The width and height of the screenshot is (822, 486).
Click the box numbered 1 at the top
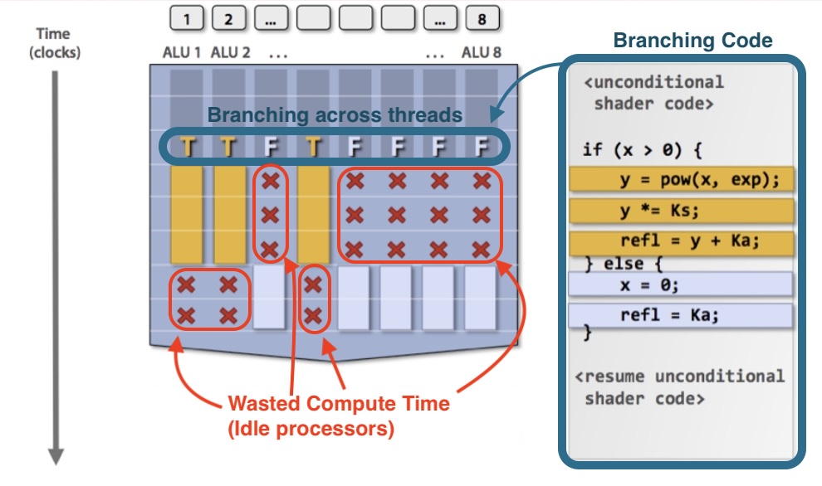[187, 17]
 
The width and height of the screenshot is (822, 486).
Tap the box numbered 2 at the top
[229, 17]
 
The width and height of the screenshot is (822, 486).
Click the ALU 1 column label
[182, 52]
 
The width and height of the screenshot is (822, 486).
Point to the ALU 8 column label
[482, 52]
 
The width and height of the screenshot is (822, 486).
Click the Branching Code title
[692, 41]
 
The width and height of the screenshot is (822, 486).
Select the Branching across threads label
[335, 115]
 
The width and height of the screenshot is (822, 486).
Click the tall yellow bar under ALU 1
[186, 215]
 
